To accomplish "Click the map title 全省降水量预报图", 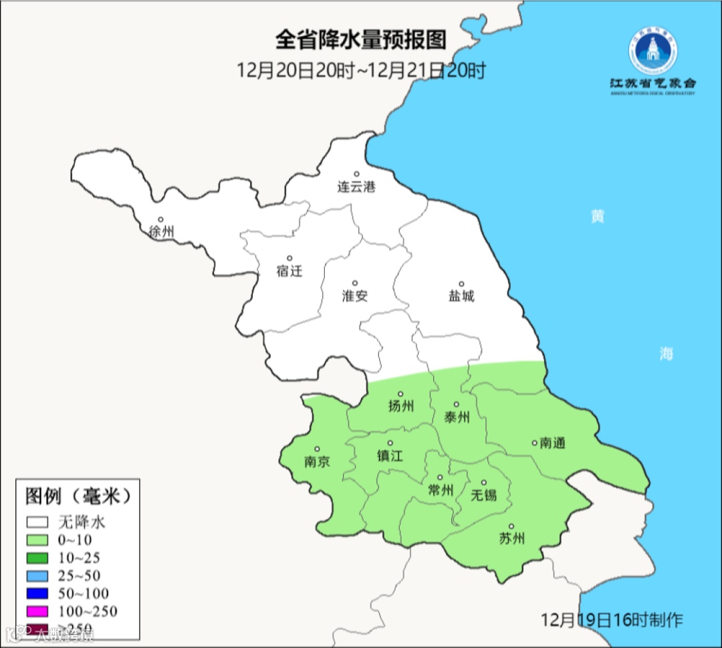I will [x=360, y=39].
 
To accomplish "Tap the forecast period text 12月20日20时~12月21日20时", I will [x=360, y=70].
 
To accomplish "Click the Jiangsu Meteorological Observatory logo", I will [x=652, y=61].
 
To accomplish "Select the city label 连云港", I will [x=356, y=187].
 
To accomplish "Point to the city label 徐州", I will [x=161, y=232].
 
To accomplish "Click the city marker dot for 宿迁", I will [x=289, y=258].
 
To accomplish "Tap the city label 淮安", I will [x=355, y=296].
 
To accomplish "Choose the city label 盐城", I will [x=461, y=296].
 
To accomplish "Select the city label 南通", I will [x=552, y=443].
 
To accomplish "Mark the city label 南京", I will [x=316, y=462].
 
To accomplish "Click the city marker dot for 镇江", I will [x=390, y=443].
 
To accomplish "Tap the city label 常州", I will [x=441, y=491].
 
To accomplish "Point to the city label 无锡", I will [x=484, y=495].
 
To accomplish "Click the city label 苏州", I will [x=511, y=539].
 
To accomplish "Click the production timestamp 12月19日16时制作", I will [x=612, y=619].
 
